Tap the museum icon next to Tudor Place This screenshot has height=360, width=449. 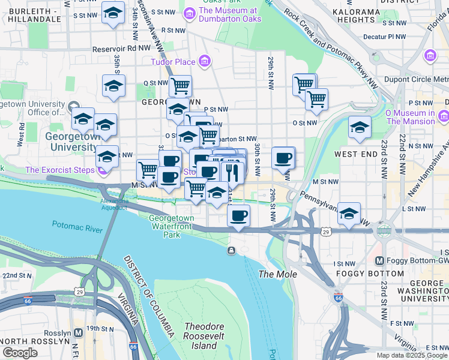[205, 61]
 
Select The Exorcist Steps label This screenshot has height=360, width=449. [59, 170]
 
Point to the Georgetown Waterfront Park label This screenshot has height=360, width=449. [171, 226]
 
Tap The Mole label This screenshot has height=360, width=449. [273, 274]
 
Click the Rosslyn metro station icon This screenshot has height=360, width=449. [78, 333]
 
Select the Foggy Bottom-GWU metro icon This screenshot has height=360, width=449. [379, 261]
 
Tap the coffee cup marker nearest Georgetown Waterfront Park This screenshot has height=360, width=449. [239, 215]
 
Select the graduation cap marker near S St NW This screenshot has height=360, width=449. [112, 13]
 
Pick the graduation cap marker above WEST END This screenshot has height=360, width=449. [360, 127]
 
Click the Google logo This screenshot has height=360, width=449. [20, 352]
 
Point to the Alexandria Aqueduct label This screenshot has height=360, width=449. [113, 204]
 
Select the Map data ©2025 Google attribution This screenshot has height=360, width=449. [411, 355]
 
